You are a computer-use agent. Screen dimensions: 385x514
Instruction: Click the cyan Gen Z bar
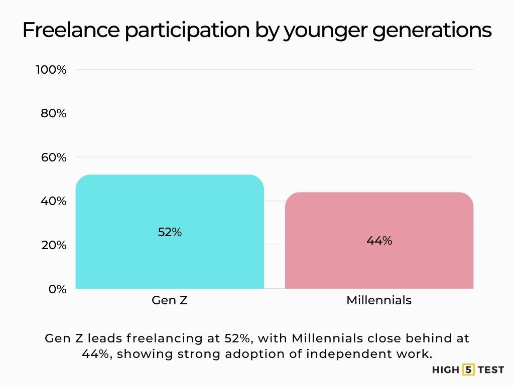pos(170,261)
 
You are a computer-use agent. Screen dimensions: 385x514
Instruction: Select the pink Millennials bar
pos(379,266)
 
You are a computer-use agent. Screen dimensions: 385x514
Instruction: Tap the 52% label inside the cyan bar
pos(170,232)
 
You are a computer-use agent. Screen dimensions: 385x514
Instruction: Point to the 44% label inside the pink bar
pos(379,241)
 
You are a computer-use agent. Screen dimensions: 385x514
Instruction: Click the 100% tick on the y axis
pos(51,70)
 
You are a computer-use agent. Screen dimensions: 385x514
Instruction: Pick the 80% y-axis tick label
pos(53,113)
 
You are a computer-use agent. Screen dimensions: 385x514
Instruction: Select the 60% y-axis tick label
pos(53,157)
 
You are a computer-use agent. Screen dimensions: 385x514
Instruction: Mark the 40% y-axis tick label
pos(53,201)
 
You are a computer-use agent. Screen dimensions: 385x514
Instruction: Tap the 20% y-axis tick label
pos(53,245)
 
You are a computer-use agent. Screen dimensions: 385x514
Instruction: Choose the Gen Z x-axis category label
pos(170,300)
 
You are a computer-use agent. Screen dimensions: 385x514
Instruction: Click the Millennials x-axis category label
pos(379,300)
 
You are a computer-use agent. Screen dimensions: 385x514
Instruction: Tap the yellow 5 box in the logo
pos(468,370)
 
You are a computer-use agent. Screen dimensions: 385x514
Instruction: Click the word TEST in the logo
pos(491,370)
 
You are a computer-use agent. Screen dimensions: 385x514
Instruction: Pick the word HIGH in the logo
pos(446,370)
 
